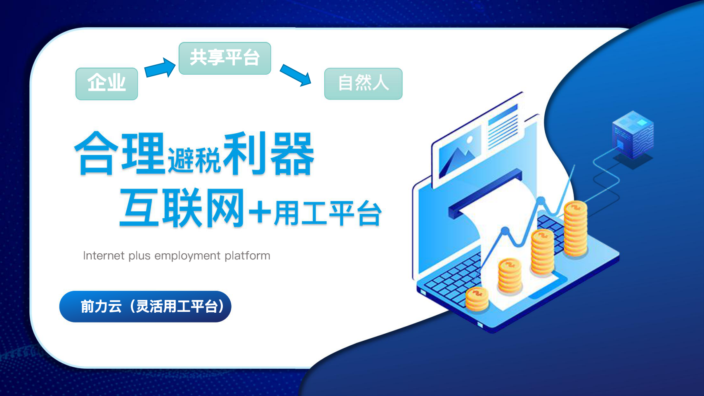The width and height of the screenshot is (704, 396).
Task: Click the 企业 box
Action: click(106, 84)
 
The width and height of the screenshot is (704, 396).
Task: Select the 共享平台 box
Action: click(225, 59)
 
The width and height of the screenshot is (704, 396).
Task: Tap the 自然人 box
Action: click(363, 84)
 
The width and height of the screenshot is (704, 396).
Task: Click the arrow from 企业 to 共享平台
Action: click(160, 68)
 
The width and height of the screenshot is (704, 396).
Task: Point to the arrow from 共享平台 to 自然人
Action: click(295, 75)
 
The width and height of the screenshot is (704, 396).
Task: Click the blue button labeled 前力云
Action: click(145, 306)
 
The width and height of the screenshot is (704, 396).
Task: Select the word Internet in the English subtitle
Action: click(104, 255)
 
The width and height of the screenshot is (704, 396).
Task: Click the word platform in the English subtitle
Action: click(247, 255)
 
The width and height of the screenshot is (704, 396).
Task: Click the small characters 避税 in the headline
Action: click(194, 160)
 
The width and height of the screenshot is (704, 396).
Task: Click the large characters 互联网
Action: click(182, 207)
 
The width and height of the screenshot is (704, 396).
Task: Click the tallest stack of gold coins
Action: click(576, 228)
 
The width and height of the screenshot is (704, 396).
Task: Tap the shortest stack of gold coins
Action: click(477, 299)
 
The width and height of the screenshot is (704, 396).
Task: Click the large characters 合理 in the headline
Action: click(120, 153)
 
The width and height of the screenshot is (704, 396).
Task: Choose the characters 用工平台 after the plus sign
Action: click(328, 213)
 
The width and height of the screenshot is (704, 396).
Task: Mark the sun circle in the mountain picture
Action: click(470, 140)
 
